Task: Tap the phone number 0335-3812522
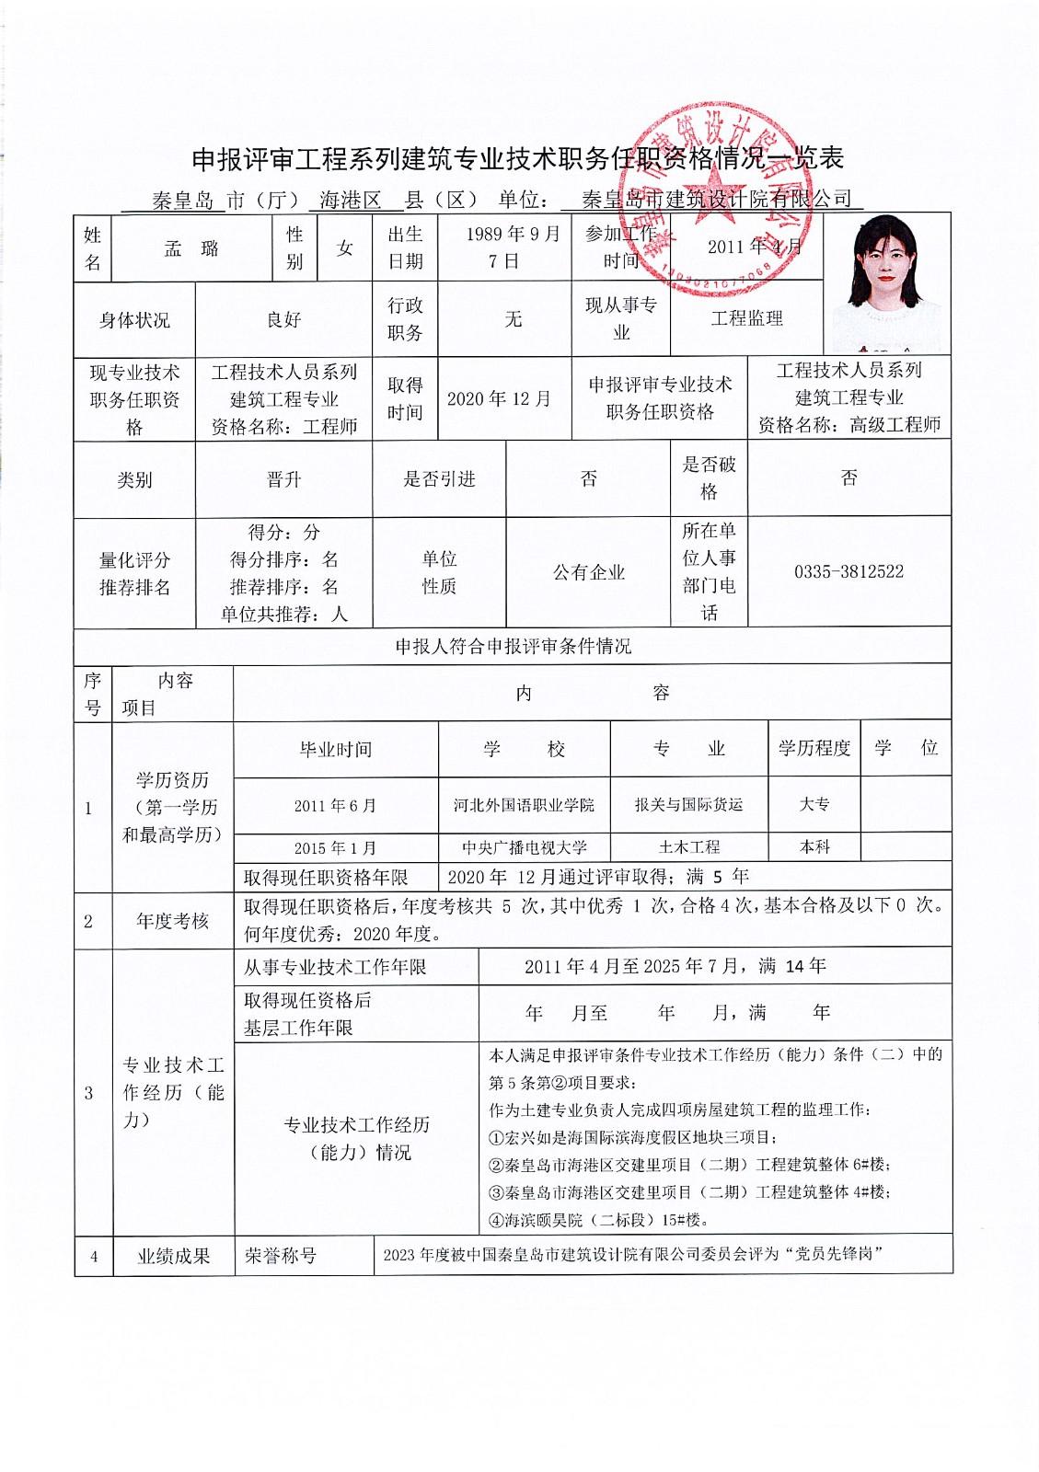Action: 849,571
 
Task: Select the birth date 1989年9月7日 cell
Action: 504,247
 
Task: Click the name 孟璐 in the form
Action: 191,248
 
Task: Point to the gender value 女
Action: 345,248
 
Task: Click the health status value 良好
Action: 283,320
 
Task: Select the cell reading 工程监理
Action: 746,319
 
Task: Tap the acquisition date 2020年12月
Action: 499,399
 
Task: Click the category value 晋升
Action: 283,479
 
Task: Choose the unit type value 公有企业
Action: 588,572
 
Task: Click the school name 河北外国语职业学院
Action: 524,805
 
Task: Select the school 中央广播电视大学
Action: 524,847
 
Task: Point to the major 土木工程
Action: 688,847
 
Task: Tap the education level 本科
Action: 814,847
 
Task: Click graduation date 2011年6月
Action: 335,806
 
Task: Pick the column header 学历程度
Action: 814,748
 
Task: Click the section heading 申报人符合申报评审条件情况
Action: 513,647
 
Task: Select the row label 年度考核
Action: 172,921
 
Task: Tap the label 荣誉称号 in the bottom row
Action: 280,1256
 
